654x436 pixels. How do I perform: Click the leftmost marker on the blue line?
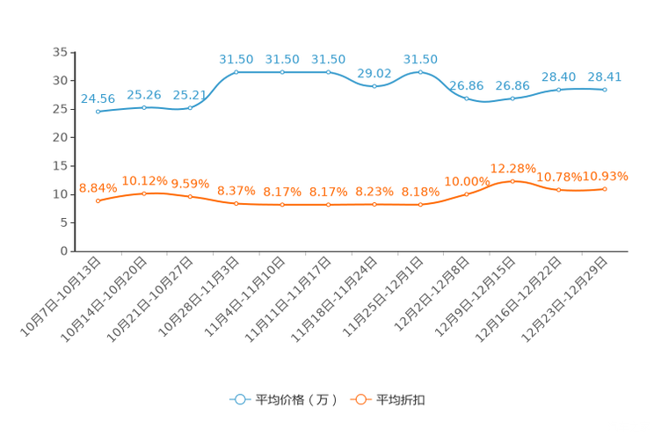pyautogui.click(x=98, y=113)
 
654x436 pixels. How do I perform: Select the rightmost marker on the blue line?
pyautogui.click(x=606, y=89)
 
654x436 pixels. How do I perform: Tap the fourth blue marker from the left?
pyautogui.click(x=236, y=72)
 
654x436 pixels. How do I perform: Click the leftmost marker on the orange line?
pyautogui.click(x=98, y=201)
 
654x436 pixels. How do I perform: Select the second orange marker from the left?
pyautogui.click(x=144, y=193)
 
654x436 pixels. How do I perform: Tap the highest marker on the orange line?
pyautogui.click(x=513, y=180)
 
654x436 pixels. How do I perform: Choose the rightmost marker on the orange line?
pyautogui.click(x=606, y=189)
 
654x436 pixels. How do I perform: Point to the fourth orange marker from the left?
pyautogui.click(x=236, y=203)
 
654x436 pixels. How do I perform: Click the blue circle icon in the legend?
pyautogui.click(x=239, y=399)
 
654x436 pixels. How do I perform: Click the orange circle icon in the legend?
pyautogui.click(x=360, y=399)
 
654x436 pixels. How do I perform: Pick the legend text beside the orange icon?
pyautogui.click(x=401, y=400)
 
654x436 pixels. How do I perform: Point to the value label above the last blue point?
pyautogui.click(x=604, y=76)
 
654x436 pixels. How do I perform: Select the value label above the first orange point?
pyautogui.click(x=97, y=187)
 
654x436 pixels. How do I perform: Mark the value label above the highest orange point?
pyautogui.click(x=512, y=167)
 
